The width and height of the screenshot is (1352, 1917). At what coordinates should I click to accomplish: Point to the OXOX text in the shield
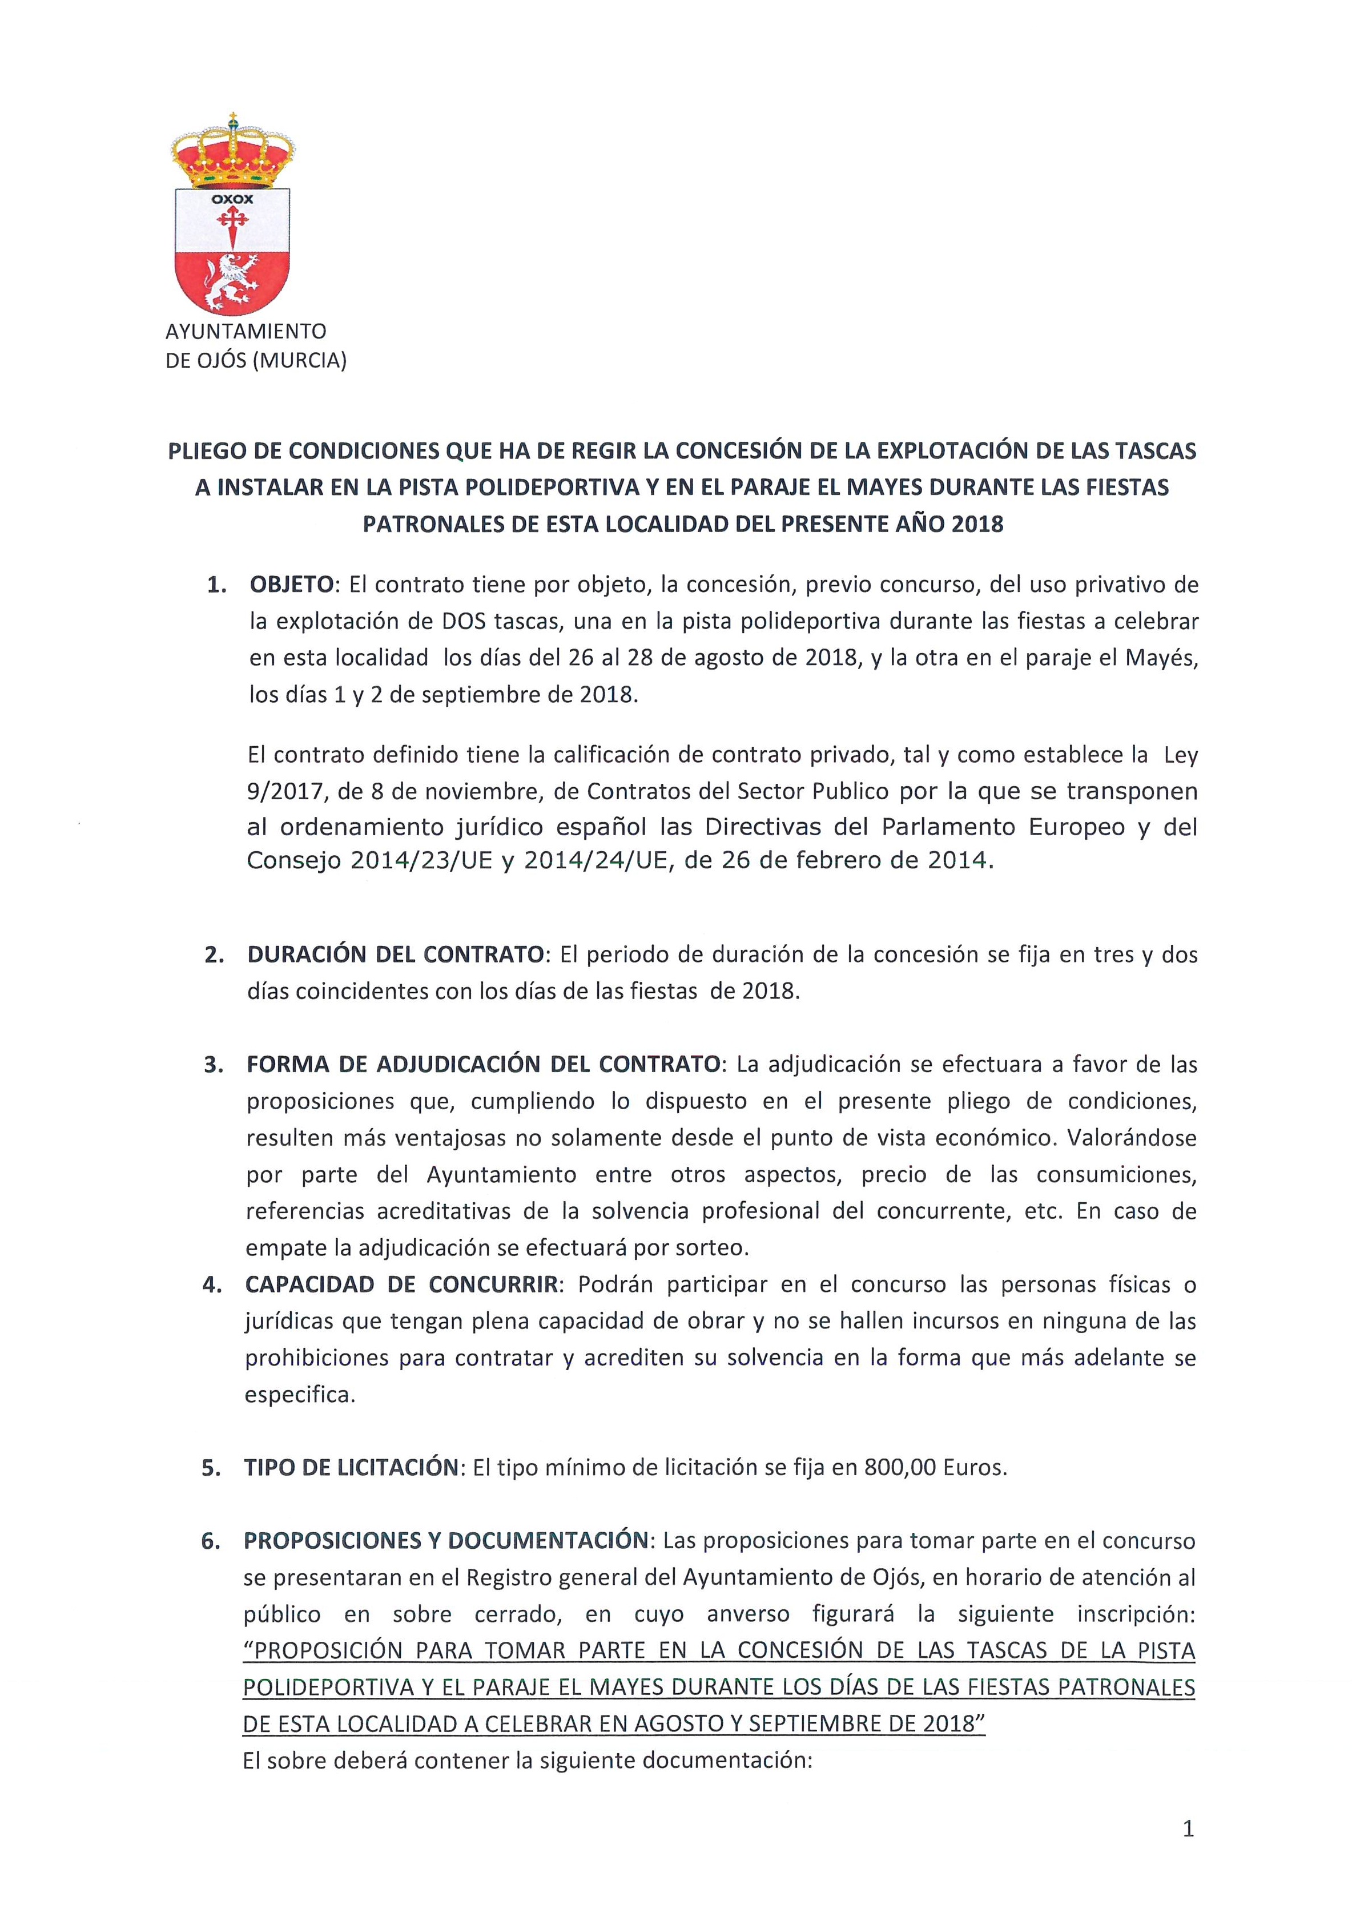[232, 200]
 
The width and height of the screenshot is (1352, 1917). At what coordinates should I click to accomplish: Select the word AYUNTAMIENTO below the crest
[246, 332]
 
